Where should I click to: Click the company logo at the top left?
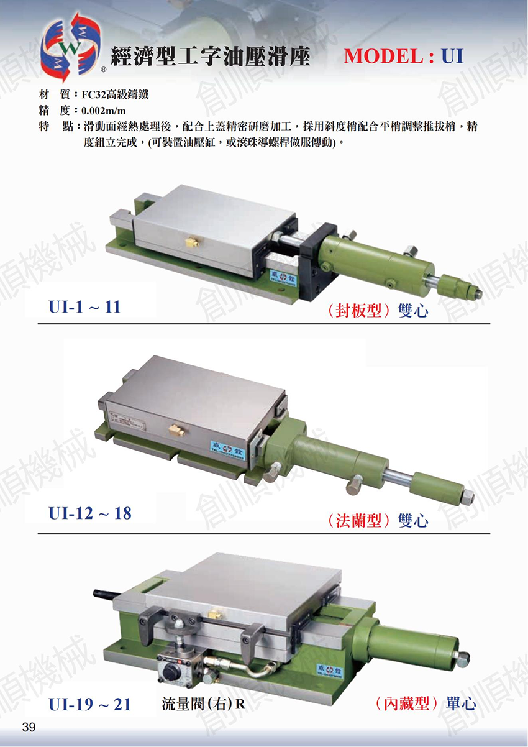[70, 47]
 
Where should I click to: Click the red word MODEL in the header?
[384, 56]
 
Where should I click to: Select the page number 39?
[29, 726]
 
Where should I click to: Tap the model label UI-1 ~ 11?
[84, 307]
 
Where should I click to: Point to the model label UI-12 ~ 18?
[90, 513]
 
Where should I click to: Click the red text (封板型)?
[358, 311]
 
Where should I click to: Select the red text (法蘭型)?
[358, 521]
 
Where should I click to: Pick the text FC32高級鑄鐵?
[116, 94]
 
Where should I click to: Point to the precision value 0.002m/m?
[104, 111]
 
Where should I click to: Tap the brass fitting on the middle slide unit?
[177, 431]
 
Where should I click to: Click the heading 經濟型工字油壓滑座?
[211, 56]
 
